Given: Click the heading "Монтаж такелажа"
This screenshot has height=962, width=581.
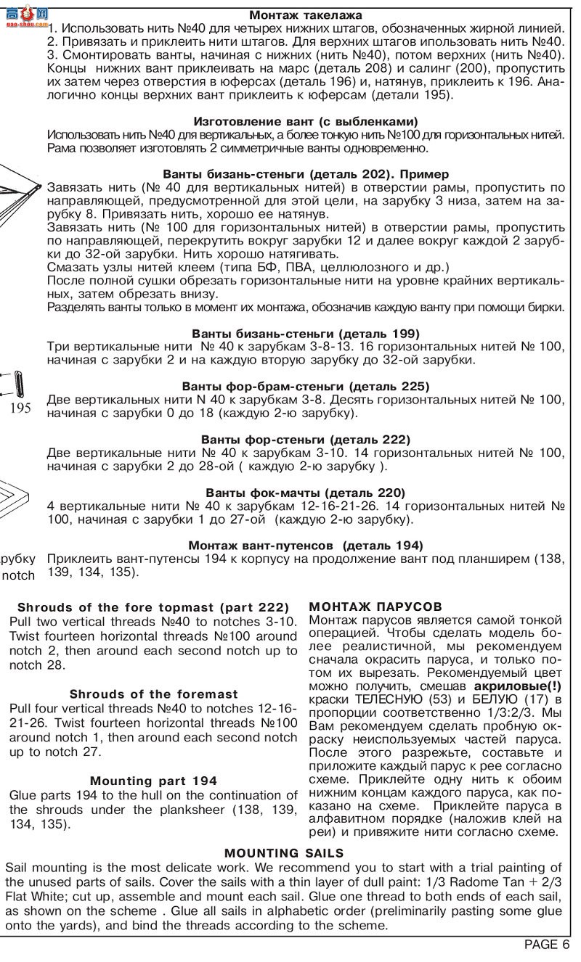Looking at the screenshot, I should tap(306, 15).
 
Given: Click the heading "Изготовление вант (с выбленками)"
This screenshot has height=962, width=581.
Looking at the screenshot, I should tap(306, 121).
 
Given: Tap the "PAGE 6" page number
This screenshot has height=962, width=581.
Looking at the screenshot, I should tap(546, 944).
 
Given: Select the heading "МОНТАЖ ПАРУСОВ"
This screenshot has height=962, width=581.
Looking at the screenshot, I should tap(375, 606).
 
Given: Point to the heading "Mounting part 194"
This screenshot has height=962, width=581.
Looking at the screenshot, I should tap(154, 781).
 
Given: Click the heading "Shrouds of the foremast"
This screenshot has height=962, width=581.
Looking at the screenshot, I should tap(154, 694).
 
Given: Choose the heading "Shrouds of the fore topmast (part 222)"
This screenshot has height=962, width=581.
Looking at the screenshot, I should tap(153, 607).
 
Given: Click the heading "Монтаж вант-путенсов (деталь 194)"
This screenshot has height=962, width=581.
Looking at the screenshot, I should tap(306, 545).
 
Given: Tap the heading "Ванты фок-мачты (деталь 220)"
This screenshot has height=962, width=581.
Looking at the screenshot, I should tap(306, 492).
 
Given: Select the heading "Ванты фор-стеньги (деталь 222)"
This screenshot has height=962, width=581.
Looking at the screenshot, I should tap(306, 439).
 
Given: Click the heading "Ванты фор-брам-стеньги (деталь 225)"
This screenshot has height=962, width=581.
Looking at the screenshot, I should tap(306, 386).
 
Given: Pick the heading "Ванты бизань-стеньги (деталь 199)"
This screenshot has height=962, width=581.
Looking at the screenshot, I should tap(306, 333).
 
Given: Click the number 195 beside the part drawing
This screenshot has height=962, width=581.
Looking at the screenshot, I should tap(20, 408).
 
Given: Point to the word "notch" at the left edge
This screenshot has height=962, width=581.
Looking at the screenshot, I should tap(19, 575).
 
